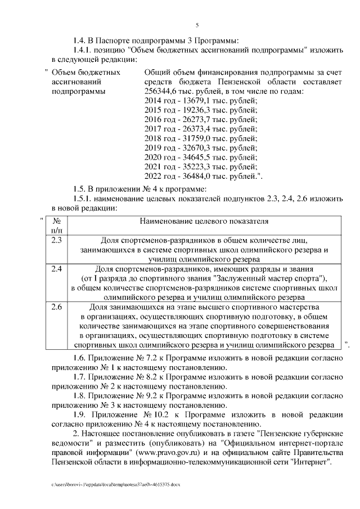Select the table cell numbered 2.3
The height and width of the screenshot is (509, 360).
56,241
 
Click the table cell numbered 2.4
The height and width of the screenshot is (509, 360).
56,269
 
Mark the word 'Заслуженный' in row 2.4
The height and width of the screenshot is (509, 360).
238,278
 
